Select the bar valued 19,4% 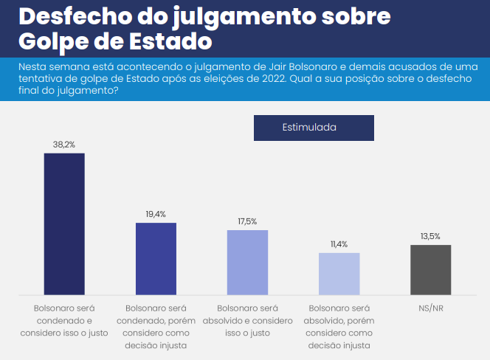pos(156,259)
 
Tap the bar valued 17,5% pos(247,263)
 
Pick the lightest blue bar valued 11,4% pos(339,274)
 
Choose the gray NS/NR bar pos(430,270)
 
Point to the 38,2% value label pos(64,144)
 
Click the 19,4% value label pos(156,214)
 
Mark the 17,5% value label pos(247,221)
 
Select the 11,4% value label pos(339,243)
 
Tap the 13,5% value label pos(430,236)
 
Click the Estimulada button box pos(314,127)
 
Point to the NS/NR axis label pos(430,307)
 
